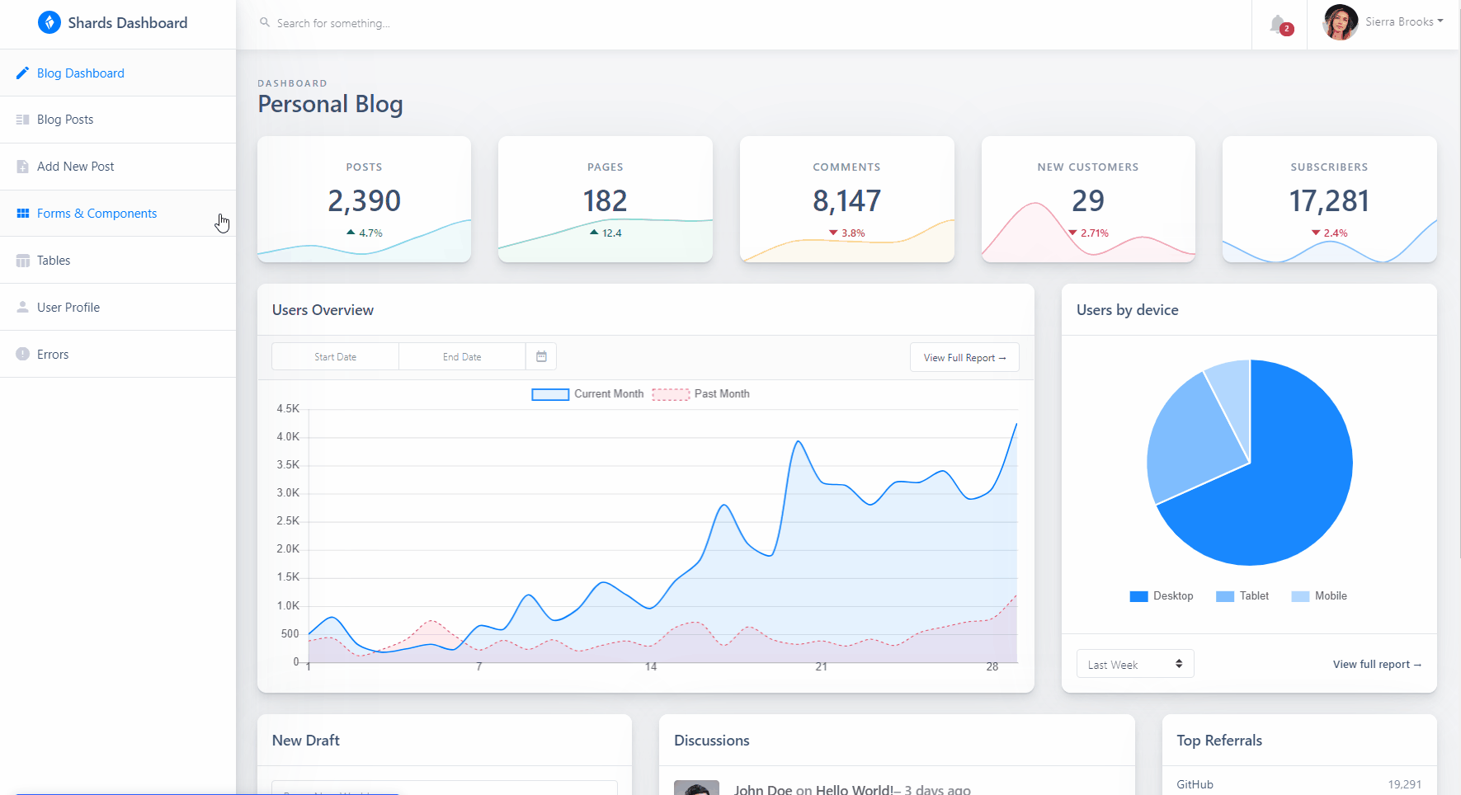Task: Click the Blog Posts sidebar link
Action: click(65, 120)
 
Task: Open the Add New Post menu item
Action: click(75, 167)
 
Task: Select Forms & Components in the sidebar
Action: click(97, 214)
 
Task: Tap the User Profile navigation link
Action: click(68, 308)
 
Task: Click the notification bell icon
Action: click(1278, 25)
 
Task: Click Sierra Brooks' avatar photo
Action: click(1340, 22)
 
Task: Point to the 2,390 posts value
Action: click(364, 200)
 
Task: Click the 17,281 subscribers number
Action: click(1329, 200)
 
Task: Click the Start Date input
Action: click(335, 357)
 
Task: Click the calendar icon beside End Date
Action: click(541, 357)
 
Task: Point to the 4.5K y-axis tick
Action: click(288, 408)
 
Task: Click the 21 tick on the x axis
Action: click(821, 667)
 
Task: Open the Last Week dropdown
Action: click(1134, 664)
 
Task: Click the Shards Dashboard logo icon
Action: click(49, 22)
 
